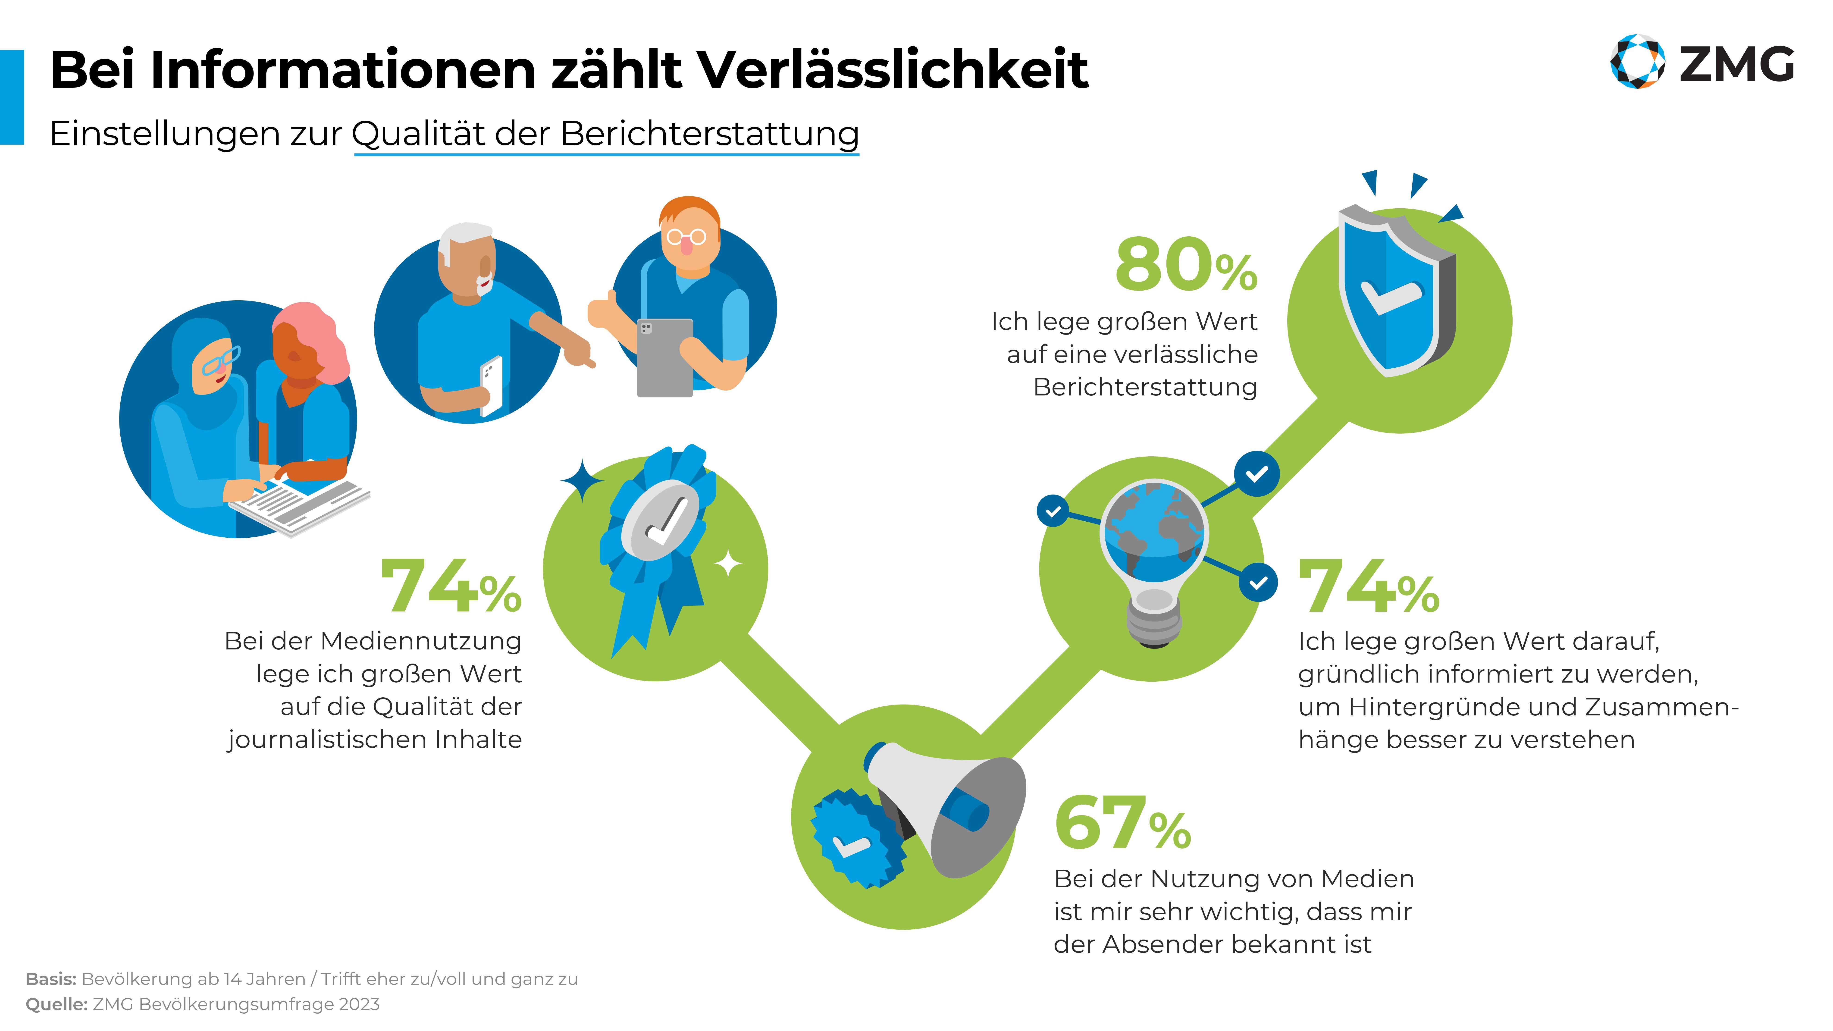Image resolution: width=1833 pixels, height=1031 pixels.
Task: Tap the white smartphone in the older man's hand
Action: click(x=491, y=384)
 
